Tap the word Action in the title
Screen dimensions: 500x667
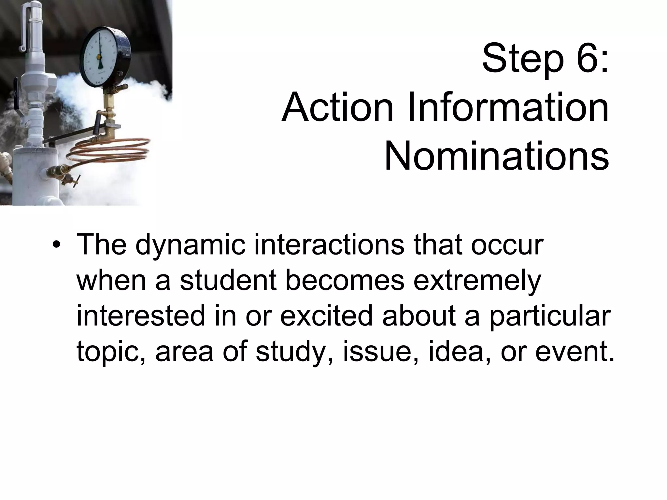(x=337, y=107)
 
